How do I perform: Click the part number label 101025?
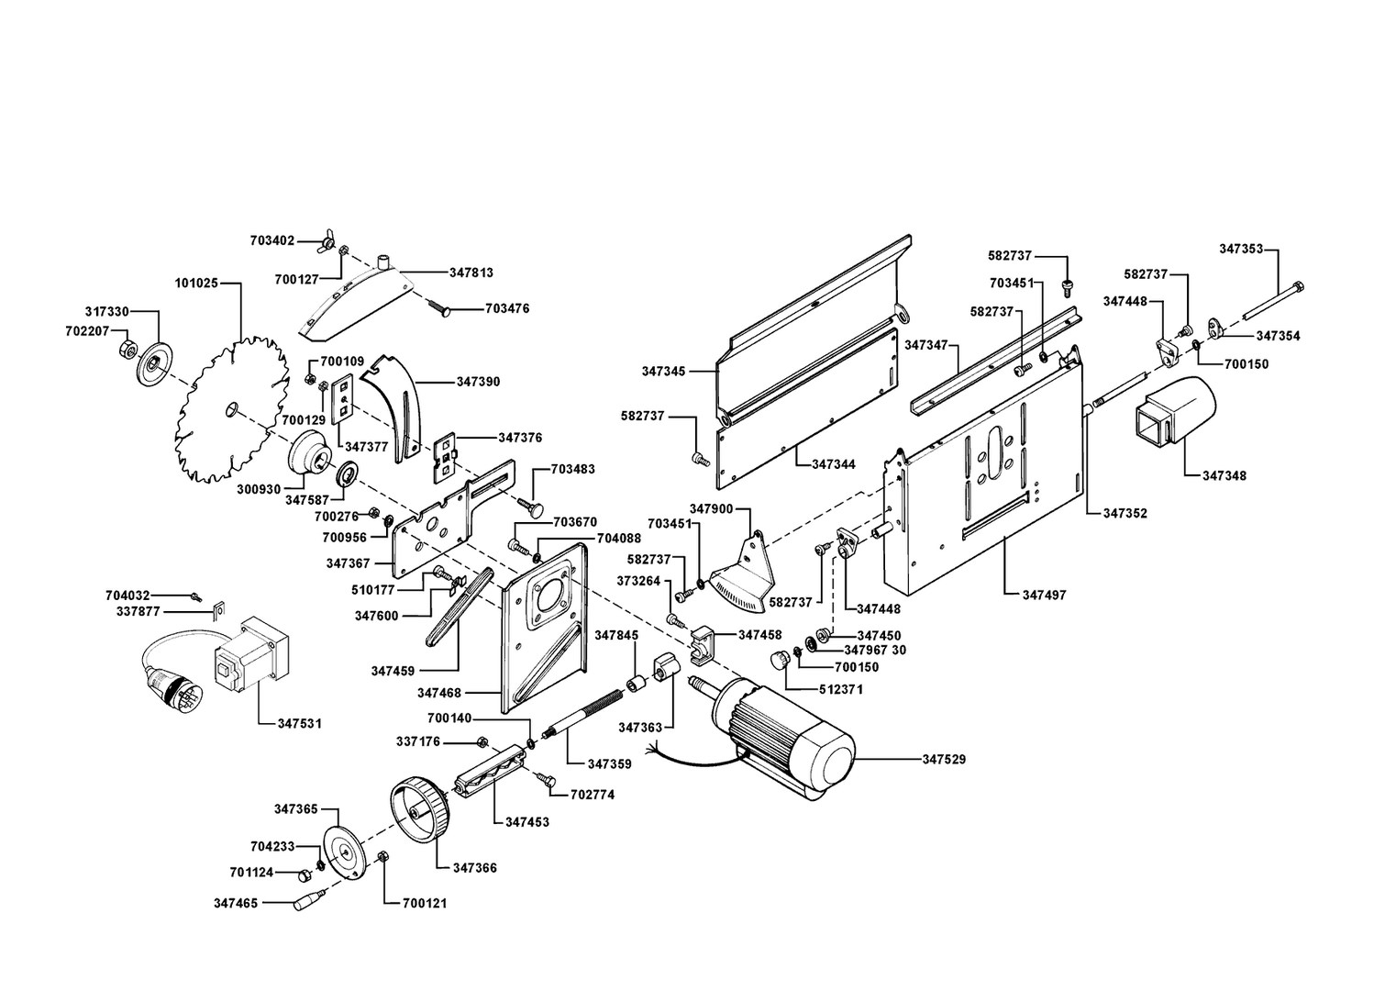point(196,284)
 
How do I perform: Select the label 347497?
point(1045,595)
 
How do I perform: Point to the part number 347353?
point(1241,249)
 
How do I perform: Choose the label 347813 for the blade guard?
point(471,273)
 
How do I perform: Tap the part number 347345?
point(664,372)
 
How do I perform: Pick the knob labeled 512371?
point(780,660)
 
